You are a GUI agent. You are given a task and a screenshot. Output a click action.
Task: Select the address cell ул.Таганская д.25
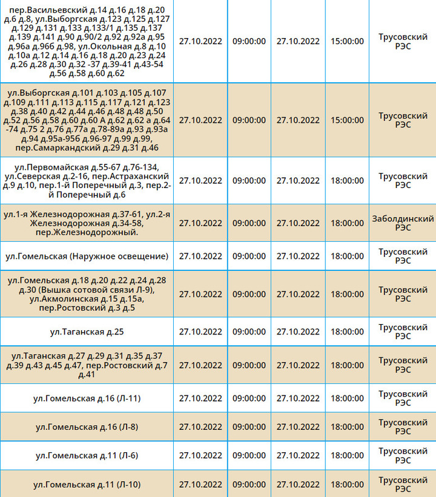click(x=87, y=331)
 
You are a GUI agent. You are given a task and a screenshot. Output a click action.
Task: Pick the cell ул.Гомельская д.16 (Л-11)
click(x=87, y=398)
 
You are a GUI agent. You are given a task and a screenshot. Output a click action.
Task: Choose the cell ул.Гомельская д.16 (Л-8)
click(x=86, y=427)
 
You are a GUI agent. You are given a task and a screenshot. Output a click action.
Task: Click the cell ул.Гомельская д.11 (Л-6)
click(x=87, y=455)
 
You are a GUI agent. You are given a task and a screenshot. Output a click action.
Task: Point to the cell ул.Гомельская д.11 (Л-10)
click(x=87, y=484)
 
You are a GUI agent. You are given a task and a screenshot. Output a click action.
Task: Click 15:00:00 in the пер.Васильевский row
click(x=347, y=41)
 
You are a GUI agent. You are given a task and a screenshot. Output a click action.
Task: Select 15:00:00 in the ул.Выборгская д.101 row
click(x=347, y=120)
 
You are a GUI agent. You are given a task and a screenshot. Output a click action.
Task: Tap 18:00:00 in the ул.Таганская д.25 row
click(x=347, y=331)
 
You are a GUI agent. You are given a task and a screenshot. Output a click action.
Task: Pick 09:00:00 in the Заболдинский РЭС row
click(x=249, y=223)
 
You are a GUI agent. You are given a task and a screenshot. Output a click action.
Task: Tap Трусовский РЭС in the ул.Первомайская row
click(x=403, y=180)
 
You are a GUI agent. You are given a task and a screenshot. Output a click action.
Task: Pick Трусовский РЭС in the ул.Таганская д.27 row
click(x=403, y=365)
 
